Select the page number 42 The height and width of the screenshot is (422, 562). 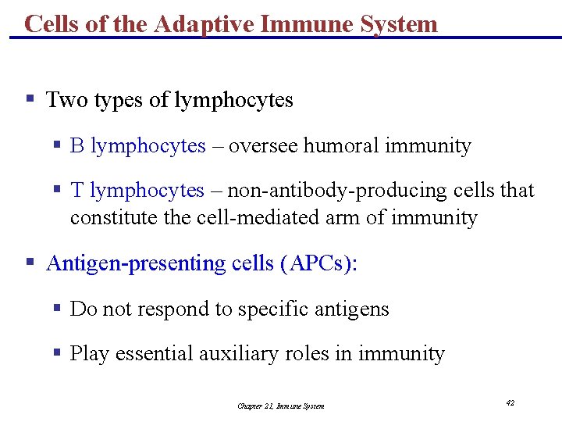coord(510,403)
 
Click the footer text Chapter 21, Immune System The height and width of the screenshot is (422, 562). coord(280,406)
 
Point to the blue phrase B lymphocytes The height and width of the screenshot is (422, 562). coord(137,146)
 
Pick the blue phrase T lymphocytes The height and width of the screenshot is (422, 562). coord(137,191)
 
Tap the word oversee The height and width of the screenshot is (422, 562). coord(264,146)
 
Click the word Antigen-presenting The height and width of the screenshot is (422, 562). coord(137,263)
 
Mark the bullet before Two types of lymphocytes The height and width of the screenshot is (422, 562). coord(30,100)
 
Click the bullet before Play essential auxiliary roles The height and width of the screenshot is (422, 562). coord(57,353)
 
